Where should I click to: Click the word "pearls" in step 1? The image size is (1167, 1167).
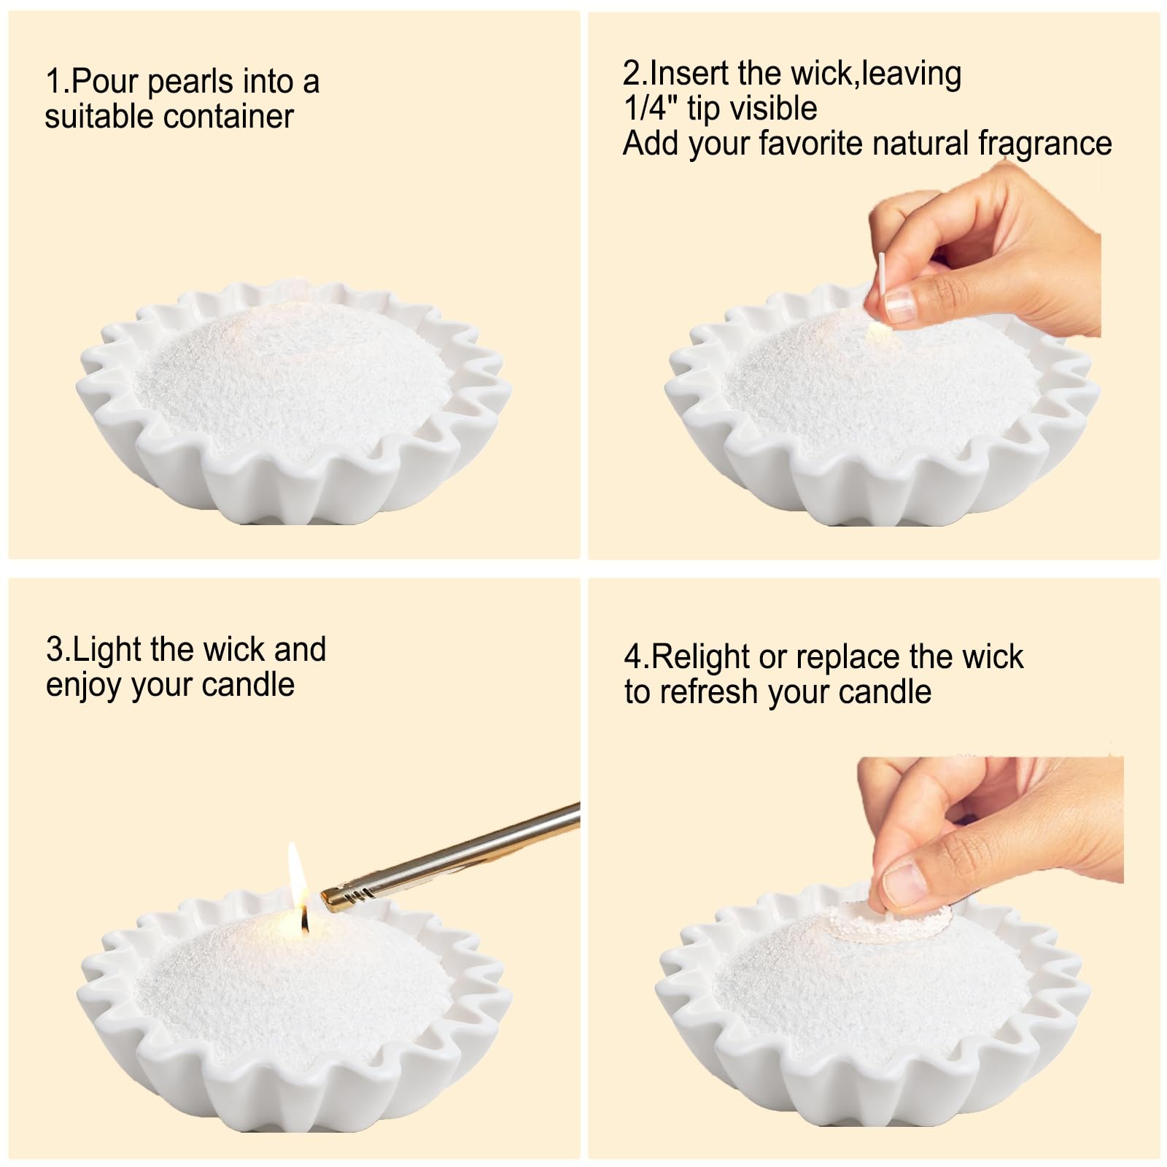(x=190, y=82)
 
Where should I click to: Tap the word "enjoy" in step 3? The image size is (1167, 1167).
(x=82, y=686)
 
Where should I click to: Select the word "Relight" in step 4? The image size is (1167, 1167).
(x=699, y=657)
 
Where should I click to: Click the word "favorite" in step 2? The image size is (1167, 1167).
(x=810, y=144)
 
